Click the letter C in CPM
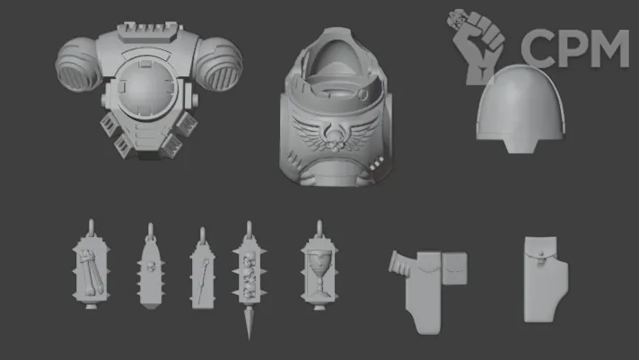(538, 48)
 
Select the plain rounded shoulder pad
(521, 109)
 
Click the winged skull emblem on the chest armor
(335, 133)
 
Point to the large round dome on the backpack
(146, 88)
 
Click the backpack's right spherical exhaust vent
(219, 64)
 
